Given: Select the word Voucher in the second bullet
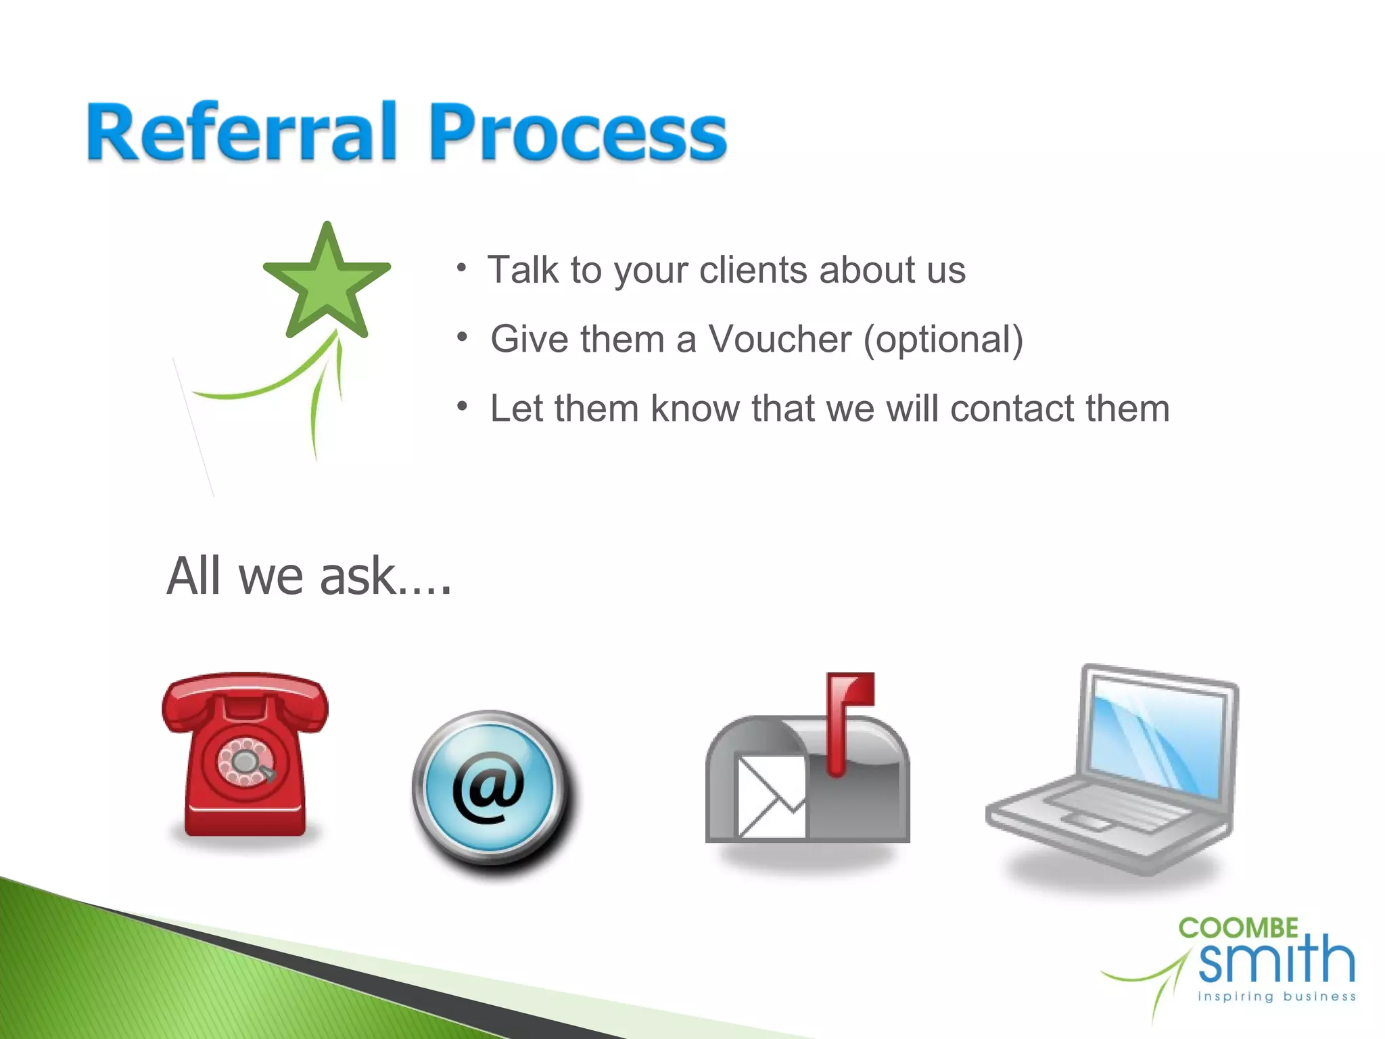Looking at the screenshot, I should tap(779, 339).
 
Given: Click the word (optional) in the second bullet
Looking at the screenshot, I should tap(943, 340).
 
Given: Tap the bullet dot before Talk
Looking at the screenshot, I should tap(462, 267).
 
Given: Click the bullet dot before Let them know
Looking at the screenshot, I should tap(462, 406).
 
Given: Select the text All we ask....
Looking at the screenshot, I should tap(308, 576).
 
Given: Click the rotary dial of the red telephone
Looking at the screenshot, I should tap(245, 762).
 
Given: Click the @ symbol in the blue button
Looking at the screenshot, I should tap(488, 787).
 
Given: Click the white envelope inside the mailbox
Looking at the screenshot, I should tap(771, 797).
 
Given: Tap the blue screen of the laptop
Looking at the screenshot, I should tap(1158, 741).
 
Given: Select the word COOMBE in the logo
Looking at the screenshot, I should tap(1238, 928).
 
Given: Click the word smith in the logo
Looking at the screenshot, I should tap(1277, 961).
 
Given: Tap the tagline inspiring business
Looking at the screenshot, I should tap(1277, 996).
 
